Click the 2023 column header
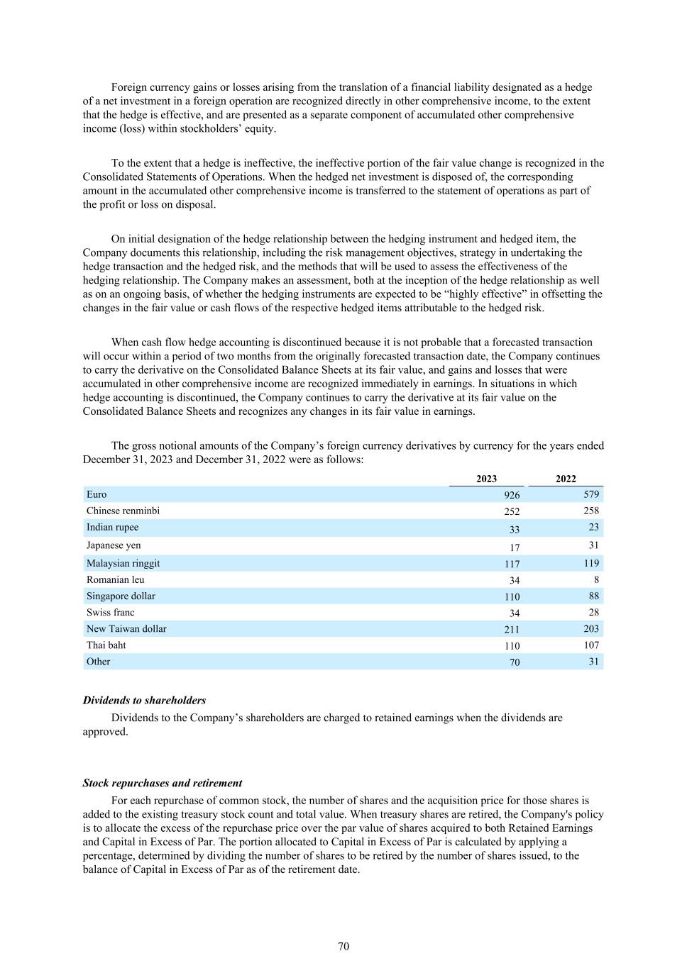[x=486, y=479]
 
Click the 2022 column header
[x=566, y=479]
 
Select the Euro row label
[x=97, y=494]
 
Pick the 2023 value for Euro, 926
[x=512, y=495]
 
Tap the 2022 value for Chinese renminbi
[x=590, y=511]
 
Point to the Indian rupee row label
[x=112, y=527]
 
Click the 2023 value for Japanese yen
[x=515, y=547]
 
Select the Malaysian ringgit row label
[x=123, y=563]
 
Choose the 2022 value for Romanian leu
[x=596, y=579]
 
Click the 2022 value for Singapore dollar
[x=593, y=596]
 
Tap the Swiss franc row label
[x=110, y=612]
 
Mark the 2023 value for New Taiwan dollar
[x=512, y=629]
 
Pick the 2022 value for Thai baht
[x=590, y=645]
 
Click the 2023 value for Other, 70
[x=515, y=662]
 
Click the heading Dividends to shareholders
[x=144, y=700]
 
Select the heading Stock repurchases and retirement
[x=162, y=783]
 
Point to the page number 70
[x=343, y=946]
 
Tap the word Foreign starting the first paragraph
[x=128, y=87]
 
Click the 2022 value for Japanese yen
[x=593, y=545]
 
